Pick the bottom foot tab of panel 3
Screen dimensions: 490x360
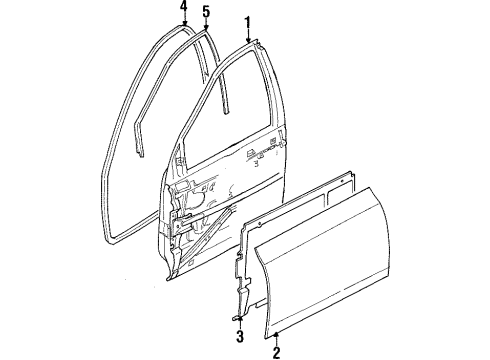click(x=240, y=300)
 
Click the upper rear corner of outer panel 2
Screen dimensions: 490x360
click(x=431, y=196)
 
